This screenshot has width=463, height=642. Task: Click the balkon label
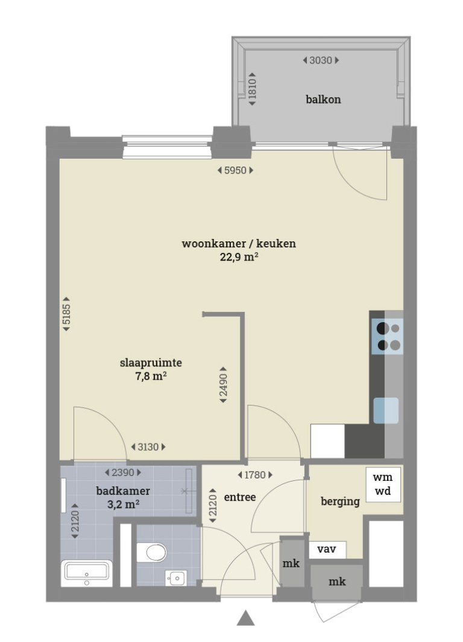coord(323,99)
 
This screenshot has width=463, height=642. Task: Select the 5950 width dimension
coord(235,170)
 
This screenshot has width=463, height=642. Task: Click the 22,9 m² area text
coord(239,257)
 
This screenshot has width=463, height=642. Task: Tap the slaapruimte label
coord(151,363)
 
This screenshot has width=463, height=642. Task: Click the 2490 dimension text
coord(223,384)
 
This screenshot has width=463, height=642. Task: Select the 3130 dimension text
coord(148,447)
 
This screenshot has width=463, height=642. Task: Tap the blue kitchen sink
coord(386,410)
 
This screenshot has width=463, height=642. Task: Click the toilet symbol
coord(153,551)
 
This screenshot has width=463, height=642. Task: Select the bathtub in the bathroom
coord(87,574)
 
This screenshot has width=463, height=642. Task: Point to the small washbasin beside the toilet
coord(176,578)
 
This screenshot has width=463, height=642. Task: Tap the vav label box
coord(327,550)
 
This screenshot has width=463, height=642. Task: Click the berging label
coord(340,501)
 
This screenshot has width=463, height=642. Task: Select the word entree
coord(240,497)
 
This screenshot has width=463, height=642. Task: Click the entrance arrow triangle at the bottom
coord(246,618)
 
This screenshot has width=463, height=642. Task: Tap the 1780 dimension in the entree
coord(252,474)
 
